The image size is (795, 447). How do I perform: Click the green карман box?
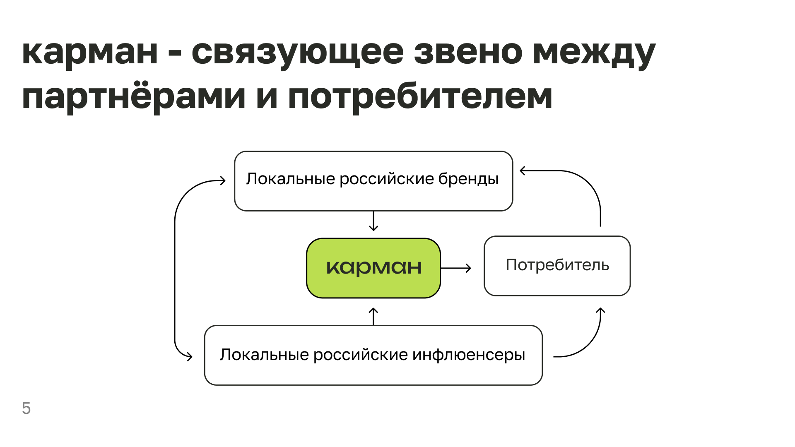[373, 268]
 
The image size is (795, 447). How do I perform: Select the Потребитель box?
[557, 265]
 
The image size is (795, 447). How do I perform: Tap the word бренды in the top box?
[468, 179]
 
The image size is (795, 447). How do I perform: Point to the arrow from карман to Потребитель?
[456, 268]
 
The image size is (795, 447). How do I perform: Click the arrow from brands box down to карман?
[373, 221]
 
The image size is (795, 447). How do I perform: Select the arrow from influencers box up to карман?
[373, 316]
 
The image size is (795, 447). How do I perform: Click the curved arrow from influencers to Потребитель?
[588, 343]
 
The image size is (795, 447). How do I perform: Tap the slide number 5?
[26, 409]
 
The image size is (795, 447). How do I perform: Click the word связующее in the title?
[297, 53]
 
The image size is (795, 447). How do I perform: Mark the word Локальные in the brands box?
[290, 179]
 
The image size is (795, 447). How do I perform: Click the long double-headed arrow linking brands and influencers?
[175, 269]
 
